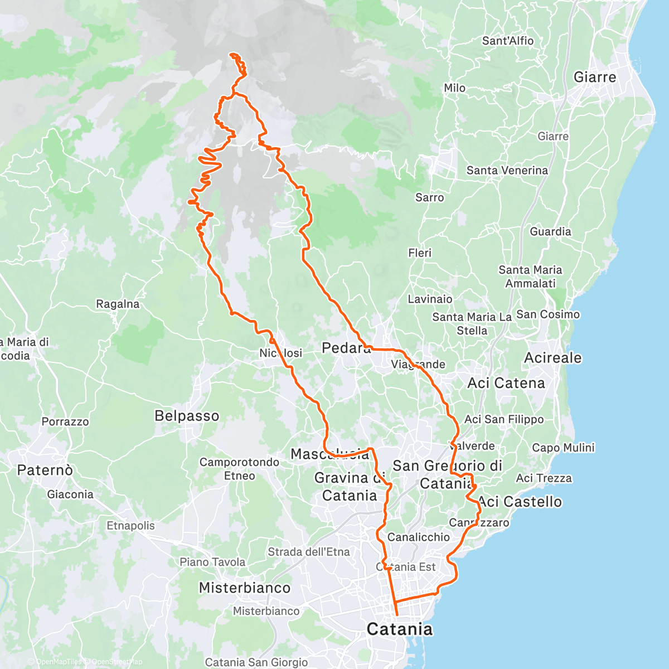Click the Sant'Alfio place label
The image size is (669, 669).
pos(507,41)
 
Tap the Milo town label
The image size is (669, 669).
pos(454,88)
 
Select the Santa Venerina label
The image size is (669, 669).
pos(507,171)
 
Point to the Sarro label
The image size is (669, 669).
pos(429,197)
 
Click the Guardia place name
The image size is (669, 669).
pos(550,231)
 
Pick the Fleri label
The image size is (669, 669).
pos(419,253)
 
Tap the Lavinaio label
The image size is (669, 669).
pos(430,299)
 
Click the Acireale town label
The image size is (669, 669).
pos(552,358)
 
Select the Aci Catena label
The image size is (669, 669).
pos(506,383)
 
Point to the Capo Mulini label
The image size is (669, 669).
pos(563,448)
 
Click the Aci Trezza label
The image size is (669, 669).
pos(544,478)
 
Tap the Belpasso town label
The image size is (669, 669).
pos(187,416)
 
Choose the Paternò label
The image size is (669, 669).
pos(45,471)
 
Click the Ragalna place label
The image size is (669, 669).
pos(118,304)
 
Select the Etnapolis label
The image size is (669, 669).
pos(130,526)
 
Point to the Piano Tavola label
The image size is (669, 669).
pos(212,562)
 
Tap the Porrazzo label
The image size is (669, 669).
pos(65,422)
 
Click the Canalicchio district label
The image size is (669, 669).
pos(418,537)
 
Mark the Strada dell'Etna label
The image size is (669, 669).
pos(309,552)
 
